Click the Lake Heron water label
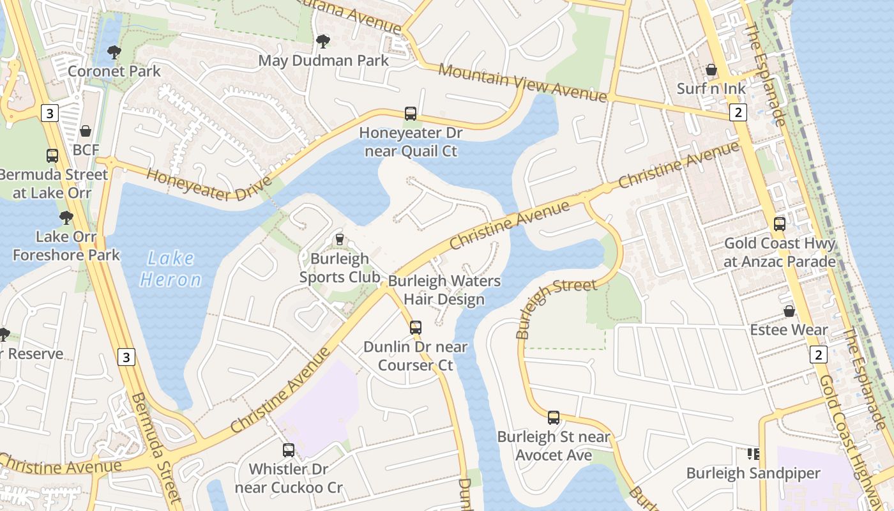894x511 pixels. [170, 269]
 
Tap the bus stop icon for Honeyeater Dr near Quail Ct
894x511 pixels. [411, 114]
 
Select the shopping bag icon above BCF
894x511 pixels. [86, 131]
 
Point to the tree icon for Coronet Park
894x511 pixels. [114, 52]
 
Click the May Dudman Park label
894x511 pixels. [323, 61]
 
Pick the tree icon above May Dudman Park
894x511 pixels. [323, 42]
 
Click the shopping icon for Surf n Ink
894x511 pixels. [711, 70]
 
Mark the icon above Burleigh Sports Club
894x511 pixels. [340, 240]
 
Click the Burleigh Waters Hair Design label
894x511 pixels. [444, 290]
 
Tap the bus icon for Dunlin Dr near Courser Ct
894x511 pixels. [416, 328]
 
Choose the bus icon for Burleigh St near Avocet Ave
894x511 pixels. [554, 418]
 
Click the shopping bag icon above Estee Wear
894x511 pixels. [789, 311]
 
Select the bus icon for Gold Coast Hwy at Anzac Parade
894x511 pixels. [780, 224]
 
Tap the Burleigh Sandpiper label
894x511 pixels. [753, 473]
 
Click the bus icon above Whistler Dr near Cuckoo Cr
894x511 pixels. [289, 450]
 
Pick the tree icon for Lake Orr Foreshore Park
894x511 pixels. [66, 218]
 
